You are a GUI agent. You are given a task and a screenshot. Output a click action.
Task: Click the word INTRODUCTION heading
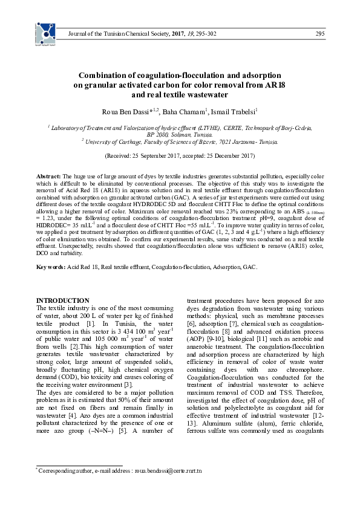click(63, 300)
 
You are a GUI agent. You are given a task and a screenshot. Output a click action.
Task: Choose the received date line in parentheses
click(179, 155)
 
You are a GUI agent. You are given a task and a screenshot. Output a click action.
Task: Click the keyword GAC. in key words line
click(249, 267)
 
